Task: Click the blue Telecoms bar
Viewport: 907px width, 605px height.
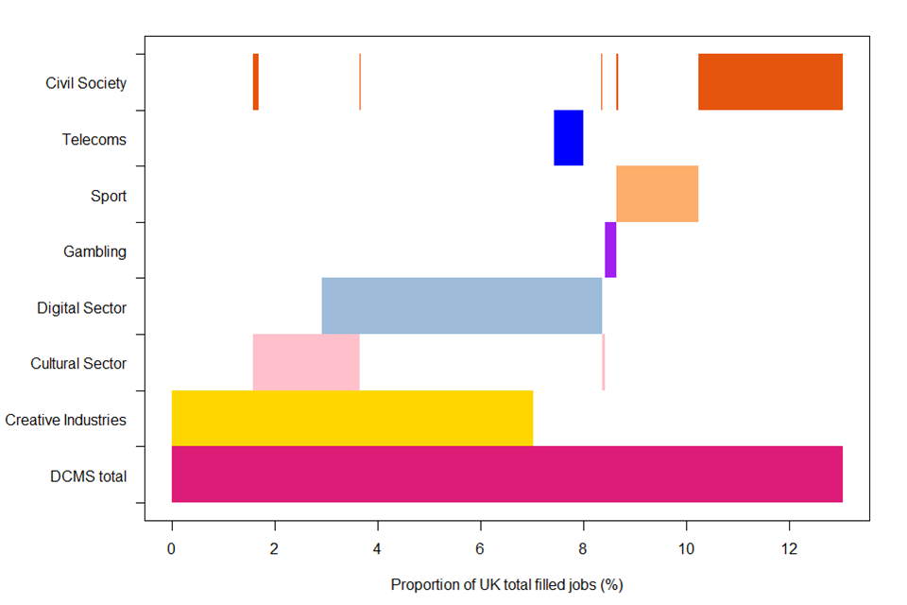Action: pyautogui.click(x=568, y=138)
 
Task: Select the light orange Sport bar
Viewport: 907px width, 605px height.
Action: pyautogui.click(x=657, y=194)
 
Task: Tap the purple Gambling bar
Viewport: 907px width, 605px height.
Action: pyautogui.click(x=610, y=250)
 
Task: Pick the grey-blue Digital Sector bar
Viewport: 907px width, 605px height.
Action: pyautogui.click(x=461, y=305)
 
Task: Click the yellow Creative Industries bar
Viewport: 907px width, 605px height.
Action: pyautogui.click(x=351, y=418)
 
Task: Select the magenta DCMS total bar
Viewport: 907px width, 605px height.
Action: pyautogui.click(x=506, y=474)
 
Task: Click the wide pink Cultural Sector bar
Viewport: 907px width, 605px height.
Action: pyautogui.click(x=306, y=362)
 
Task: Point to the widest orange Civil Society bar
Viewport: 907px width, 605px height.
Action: pyautogui.click(x=770, y=82)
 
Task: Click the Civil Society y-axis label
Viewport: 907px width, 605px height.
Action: pyautogui.click(x=86, y=83)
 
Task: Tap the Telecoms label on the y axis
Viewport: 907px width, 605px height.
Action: pyautogui.click(x=94, y=139)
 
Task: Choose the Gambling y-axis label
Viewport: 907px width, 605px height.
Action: pyautogui.click(x=94, y=251)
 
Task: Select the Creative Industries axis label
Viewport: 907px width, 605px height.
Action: pyautogui.click(x=65, y=420)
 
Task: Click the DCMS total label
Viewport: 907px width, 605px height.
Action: pyautogui.click(x=88, y=475)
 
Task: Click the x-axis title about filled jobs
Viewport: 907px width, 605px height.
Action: pyautogui.click(x=506, y=585)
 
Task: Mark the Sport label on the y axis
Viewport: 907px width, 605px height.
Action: pyautogui.click(x=109, y=196)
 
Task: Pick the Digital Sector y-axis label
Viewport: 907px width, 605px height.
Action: pyautogui.click(x=82, y=307)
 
